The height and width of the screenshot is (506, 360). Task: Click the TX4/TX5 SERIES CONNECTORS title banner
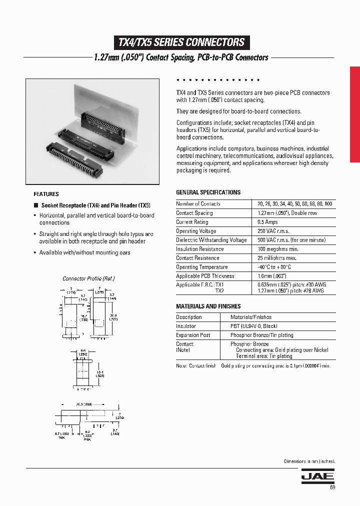tap(181, 42)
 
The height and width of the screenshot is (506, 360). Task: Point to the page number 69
tap(331, 487)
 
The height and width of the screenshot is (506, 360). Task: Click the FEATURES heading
tap(46, 194)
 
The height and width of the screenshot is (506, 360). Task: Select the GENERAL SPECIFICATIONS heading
tap(208, 192)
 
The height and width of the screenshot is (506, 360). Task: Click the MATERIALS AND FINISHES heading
tap(208, 306)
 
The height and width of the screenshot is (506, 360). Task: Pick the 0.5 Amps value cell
tap(267, 222)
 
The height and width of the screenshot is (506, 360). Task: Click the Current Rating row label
tap(191, 222)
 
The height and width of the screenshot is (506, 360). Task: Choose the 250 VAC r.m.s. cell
tap(273, 231)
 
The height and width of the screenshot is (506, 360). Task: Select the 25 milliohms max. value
tap(277, 258)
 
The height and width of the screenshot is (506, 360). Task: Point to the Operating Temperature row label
tap(201, 267)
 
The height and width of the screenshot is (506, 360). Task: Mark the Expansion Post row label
tap(193, 335)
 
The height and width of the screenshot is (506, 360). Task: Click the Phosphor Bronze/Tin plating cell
tap(261, 335)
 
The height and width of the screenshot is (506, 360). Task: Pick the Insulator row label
tap(186, 326)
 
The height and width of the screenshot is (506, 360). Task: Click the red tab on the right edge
tap(354, 114)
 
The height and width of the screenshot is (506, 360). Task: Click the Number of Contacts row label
tap(198, 204)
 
